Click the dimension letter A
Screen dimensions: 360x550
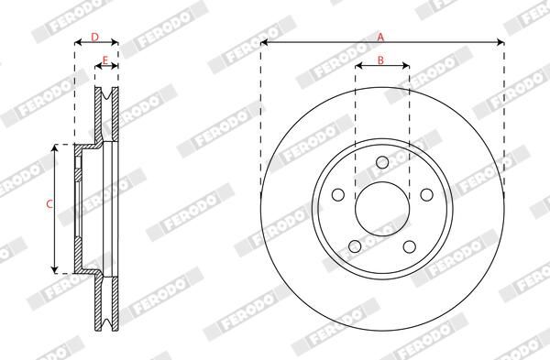381,36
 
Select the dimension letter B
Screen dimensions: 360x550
381,61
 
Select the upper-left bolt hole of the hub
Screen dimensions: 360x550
338,195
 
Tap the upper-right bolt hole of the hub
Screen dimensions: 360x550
424,195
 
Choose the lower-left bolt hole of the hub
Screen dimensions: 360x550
355,245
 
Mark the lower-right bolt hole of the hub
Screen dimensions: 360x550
408,245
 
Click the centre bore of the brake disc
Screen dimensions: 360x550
381,211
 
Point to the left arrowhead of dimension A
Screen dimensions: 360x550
264,42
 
